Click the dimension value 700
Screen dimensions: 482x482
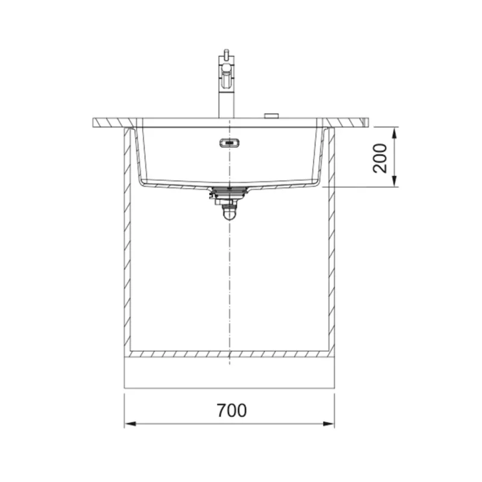click(231, 410)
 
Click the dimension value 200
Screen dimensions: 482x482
click(380, 158)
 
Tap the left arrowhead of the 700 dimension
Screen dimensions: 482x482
click(130, 424)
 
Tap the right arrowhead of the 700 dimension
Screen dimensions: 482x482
click(328, 424)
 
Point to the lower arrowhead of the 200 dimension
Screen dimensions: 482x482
click(395, 181)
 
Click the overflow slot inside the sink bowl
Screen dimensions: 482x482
click(230, 143)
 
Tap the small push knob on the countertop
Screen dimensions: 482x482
click(272, 116)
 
